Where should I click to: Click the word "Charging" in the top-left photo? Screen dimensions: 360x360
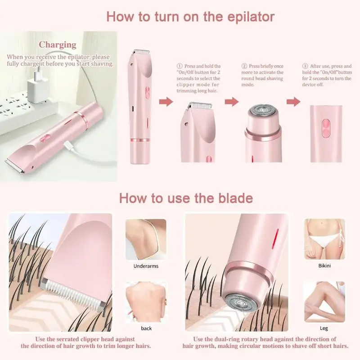tap(57, 45)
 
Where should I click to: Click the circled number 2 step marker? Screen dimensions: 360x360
tap(244, 66)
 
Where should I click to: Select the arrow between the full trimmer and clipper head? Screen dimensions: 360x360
tap(166, 103)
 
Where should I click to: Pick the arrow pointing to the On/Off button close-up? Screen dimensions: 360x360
tap(293, 102)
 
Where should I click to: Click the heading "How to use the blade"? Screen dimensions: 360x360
tap(185, 198)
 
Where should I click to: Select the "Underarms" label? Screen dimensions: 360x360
tap(145, 266)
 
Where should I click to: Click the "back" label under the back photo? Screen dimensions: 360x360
tap(146, 328)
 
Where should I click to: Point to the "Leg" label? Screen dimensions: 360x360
tap(324, 328)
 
